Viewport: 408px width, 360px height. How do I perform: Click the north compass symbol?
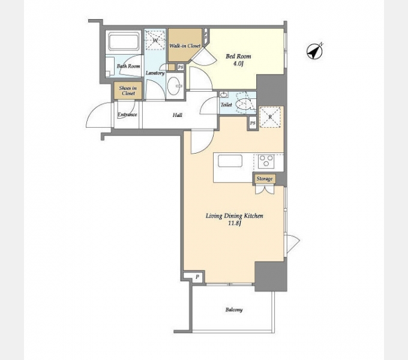point(314,52)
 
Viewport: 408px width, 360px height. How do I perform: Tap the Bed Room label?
point(238,56)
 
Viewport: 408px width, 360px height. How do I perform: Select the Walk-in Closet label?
point(185,46)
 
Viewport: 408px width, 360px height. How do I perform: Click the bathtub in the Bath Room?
point(124,41)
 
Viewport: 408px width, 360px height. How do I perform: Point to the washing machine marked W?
point(155,40)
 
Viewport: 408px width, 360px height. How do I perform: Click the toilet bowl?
point(244,104)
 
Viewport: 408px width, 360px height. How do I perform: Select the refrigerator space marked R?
point(271,117)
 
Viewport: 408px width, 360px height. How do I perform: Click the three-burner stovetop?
point(266,160)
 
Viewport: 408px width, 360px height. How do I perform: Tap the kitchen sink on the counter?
point(230,161)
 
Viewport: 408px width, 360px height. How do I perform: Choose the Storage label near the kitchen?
point(265,179)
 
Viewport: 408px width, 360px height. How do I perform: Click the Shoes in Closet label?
point(128,91)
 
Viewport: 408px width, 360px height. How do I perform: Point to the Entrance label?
point(127,115)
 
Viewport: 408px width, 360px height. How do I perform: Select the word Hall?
point(178,115)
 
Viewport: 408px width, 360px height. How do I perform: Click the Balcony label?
point(234,310)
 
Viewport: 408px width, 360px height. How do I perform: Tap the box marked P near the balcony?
point(197,277)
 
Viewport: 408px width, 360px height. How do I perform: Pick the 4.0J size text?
point(238,64)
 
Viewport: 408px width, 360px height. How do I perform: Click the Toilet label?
point(226,105)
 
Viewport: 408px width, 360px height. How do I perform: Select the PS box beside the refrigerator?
point(253,123)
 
